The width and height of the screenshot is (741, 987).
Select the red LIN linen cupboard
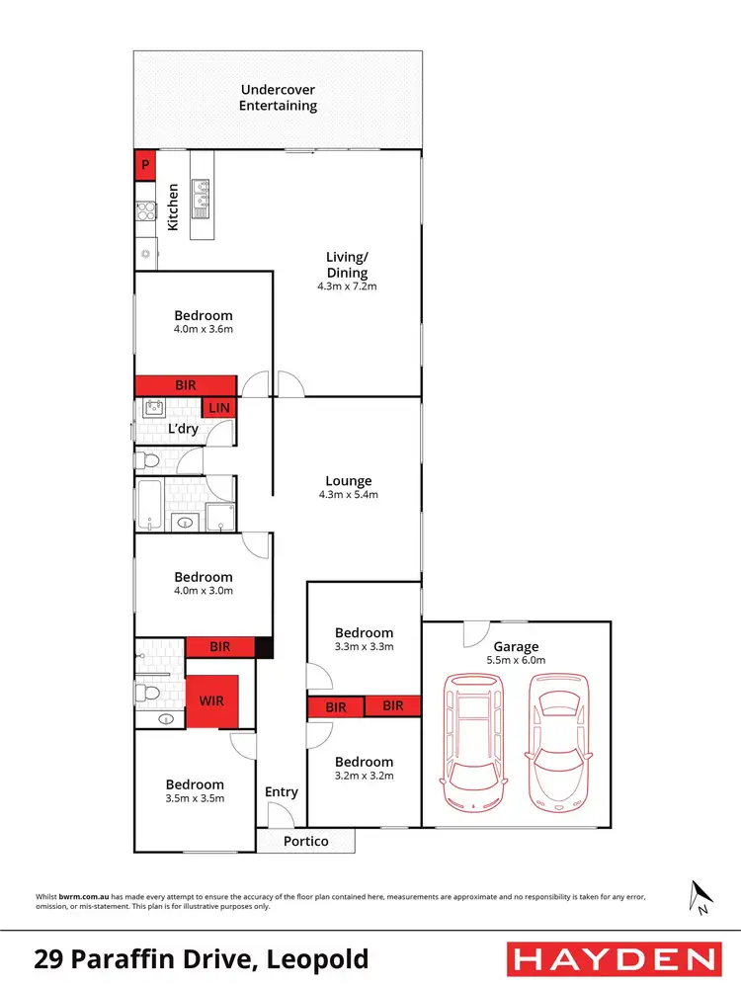click(x=219, y=408)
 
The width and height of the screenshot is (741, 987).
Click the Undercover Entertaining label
click(x=279, y=97)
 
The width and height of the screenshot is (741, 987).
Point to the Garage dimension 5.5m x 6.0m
click(x=516, y=660)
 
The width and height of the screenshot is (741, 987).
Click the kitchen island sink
click(x=203, y=197)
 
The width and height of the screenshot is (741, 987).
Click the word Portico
click(x=305, y=842)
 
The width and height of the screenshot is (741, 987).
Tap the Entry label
click(x=282, y=791)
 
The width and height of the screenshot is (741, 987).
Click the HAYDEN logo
click(x=613, y=958)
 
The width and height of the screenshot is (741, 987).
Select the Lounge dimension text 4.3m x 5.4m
click(x=348, y=495)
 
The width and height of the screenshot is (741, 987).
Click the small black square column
click(x=264, y=647)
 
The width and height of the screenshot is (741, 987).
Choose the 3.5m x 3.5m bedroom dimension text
click(x=195, y=798)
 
